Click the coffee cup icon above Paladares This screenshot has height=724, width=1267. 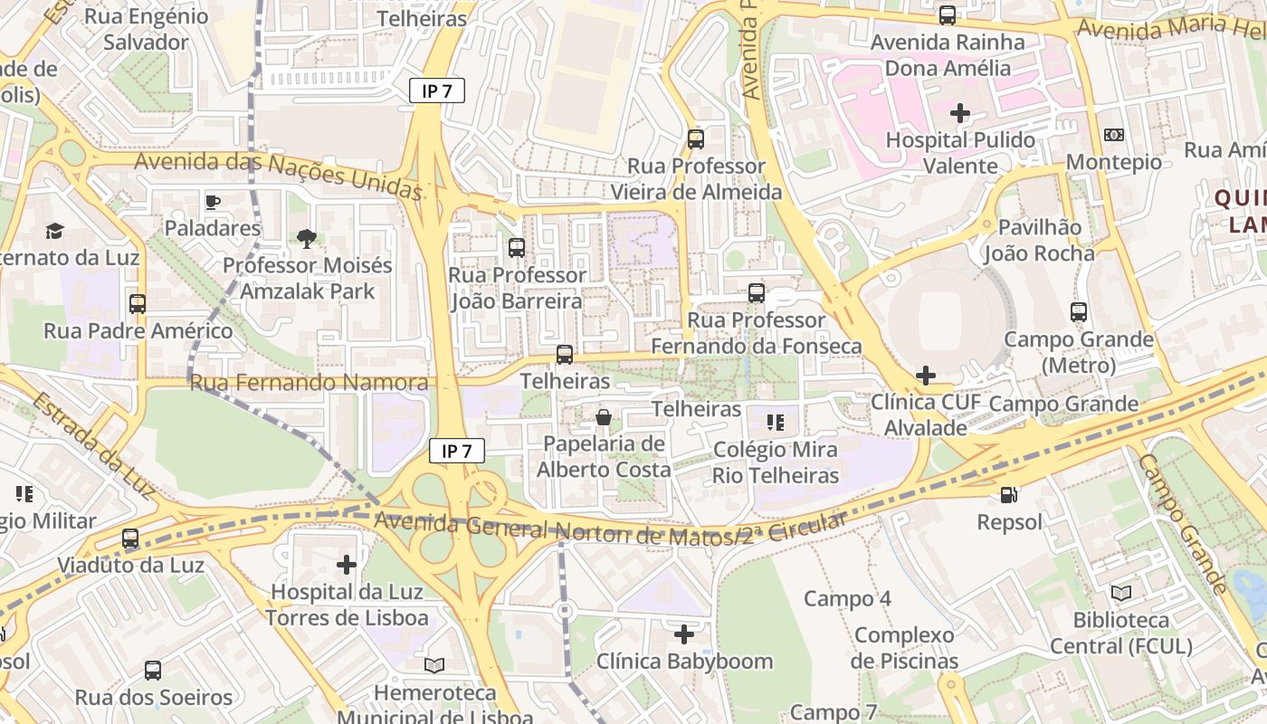[x=213, y=202]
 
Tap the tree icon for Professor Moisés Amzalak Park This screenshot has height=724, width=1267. [x=307, y=239]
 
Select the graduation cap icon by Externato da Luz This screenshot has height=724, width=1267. [x=55, y=231]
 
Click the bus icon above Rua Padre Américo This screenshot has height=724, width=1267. [x=138, y=304]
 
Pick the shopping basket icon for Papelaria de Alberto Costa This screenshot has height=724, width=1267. [x=604, y=417]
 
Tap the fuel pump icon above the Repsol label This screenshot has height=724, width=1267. [x=1009, y=495]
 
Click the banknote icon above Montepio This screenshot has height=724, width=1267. [x=1114, y=135]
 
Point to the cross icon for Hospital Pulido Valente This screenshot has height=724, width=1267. [x=960, y=113]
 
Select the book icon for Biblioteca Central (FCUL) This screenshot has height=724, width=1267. [x=1120, y=594]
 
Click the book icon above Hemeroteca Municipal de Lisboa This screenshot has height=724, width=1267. [x=434, y=665]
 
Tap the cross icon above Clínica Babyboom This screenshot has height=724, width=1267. [x=684, y=634]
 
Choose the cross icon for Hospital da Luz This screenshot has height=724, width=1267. [x=347, y=566]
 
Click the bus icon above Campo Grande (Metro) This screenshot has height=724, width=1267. [x=1078, y=312]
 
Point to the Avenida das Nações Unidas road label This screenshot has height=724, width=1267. [x=279, y=174]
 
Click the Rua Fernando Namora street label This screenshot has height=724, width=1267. [x=309, y=383]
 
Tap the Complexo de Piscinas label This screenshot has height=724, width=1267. [x=904, y=648]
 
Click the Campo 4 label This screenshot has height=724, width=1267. [x=847, y=598]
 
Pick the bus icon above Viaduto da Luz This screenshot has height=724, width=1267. [x=130, y=538]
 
